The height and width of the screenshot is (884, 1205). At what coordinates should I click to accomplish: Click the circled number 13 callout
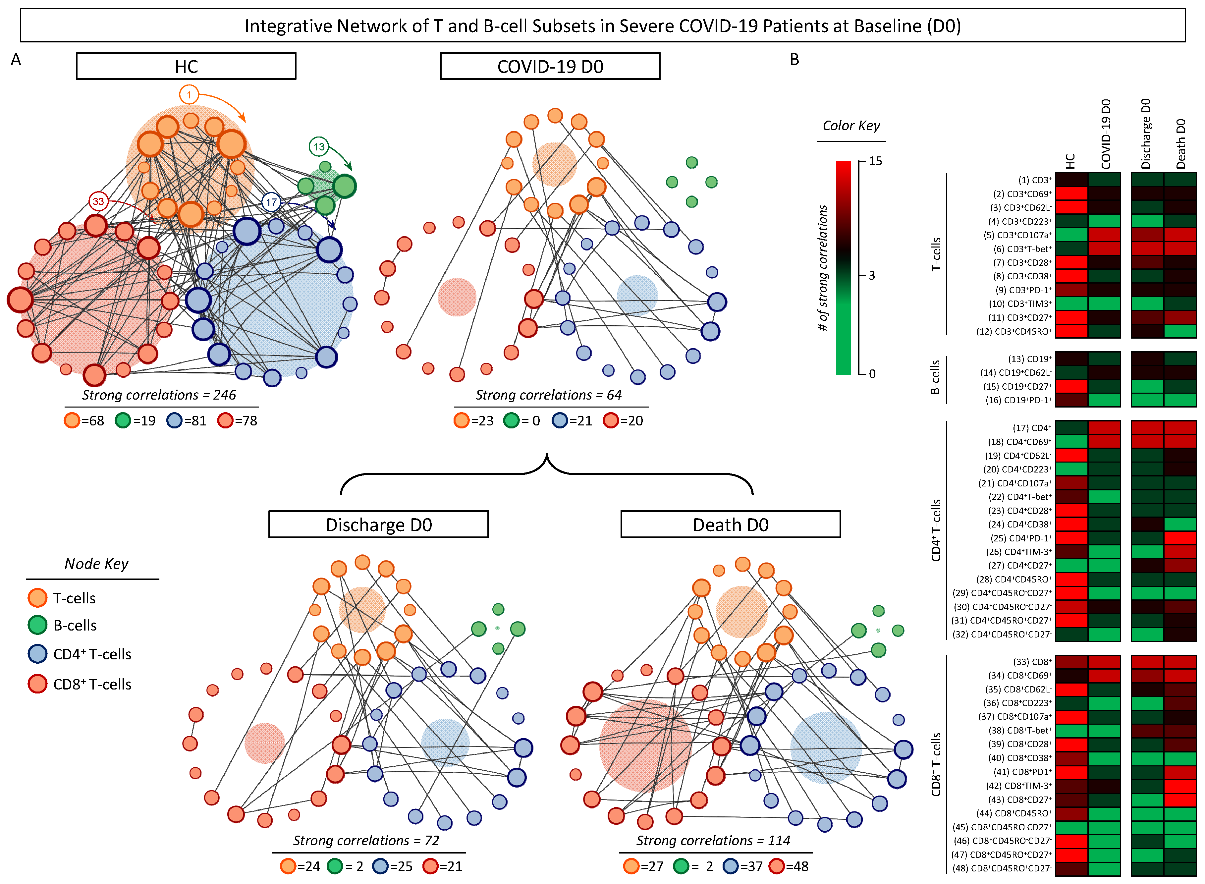(319, 147)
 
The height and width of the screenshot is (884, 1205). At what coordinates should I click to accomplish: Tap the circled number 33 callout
(98, 202)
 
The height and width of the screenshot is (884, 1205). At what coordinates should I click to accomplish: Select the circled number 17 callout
(271, 202)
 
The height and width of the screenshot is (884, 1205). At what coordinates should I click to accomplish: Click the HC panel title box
(186, 66)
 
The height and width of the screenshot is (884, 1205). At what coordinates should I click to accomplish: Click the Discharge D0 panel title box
(378, 525)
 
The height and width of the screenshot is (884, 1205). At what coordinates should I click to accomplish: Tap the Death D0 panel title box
(730, 525)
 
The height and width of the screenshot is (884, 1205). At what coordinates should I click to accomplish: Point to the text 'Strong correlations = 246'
(159, 395)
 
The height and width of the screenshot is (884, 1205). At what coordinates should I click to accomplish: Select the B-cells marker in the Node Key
(37, 625)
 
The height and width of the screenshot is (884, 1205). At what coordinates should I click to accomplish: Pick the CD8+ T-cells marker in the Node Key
(37, 684)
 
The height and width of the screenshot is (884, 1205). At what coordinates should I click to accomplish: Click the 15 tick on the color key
(875, 161)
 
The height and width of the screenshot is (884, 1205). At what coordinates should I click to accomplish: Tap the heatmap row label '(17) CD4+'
(1032, 428)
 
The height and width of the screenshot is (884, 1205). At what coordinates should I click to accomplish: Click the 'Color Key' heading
(851, 126)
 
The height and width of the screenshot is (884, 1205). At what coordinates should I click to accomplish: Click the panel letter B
(794, 59)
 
